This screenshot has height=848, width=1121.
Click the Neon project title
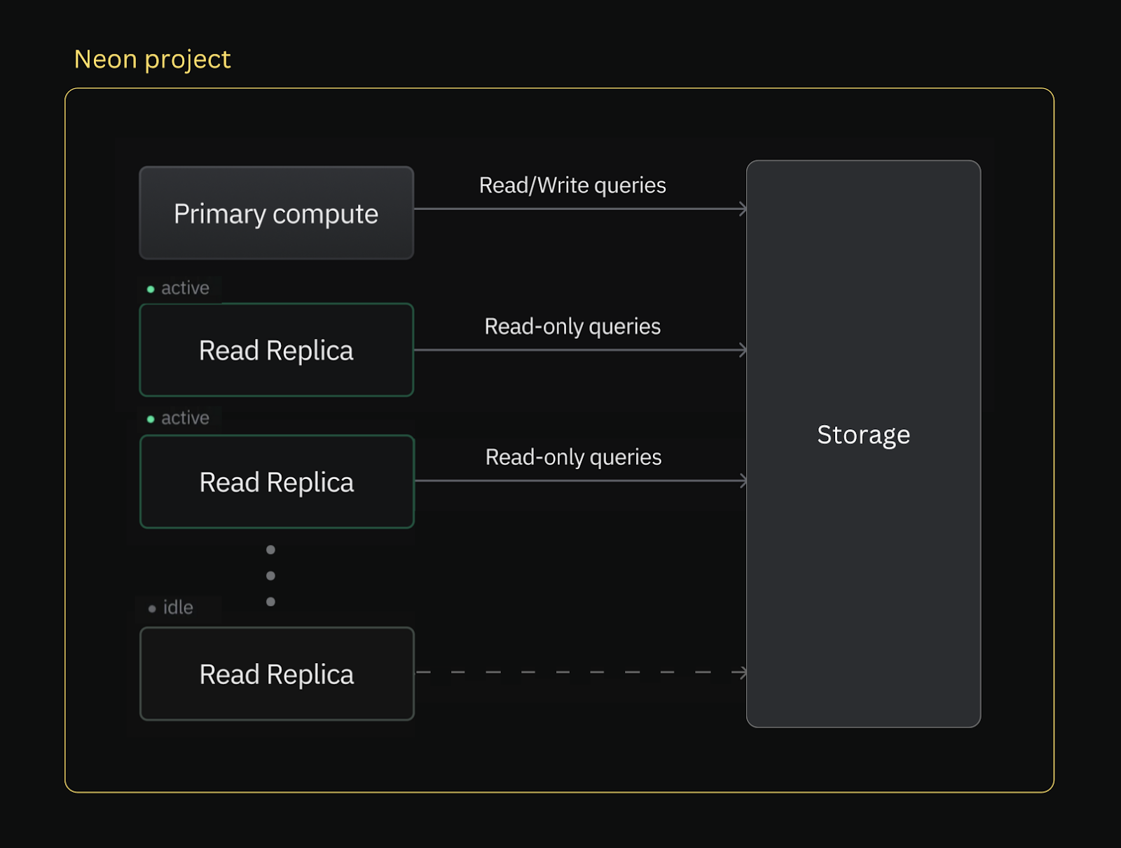(x=152, y=60)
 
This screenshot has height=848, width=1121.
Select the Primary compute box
(x=276, y=213)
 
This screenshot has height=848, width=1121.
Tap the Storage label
(x=863, y=435)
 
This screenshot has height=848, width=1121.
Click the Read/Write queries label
(x=572, y=186)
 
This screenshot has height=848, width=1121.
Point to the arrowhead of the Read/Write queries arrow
(x=743, y=209)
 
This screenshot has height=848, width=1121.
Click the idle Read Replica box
(x=277, y=674)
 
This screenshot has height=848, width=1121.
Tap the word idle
(x=178, y=607)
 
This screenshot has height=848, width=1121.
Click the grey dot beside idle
(x=152, y=609)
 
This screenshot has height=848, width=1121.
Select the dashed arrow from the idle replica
(x=575, y=672)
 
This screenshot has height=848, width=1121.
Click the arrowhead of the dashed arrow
(x=743, y=672)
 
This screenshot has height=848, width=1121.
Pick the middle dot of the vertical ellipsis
(x=270, y=576)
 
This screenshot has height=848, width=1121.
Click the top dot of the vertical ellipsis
(x=270, y=550)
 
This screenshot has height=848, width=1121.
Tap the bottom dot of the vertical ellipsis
(x=270, y=602)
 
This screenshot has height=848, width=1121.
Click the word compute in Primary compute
(x=325, y=214)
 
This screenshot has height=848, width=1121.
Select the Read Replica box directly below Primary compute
(x=277, y=350)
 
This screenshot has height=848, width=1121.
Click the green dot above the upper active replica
(x=151, y=289)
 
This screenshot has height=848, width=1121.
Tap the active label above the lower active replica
(x=185, y=418)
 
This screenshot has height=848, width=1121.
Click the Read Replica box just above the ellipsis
(x=277, y=482)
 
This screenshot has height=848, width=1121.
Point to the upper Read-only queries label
(x=572, y=326)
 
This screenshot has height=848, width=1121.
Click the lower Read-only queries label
(x=573, y=457)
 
